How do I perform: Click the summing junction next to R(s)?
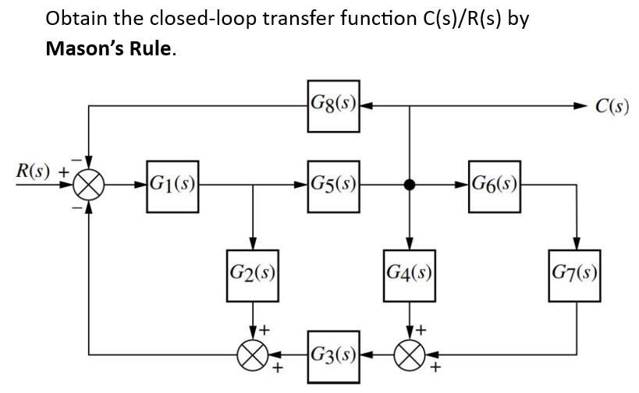tap(88, 186)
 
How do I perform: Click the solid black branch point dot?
tap(409, 186)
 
